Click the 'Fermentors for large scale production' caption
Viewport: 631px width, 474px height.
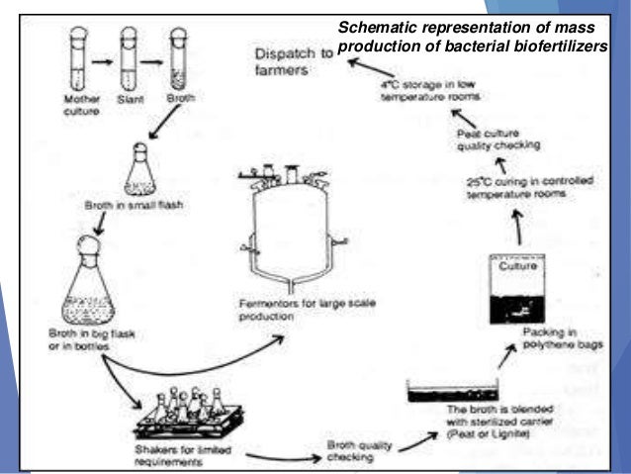pyautogui.click(x=282, y=311)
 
